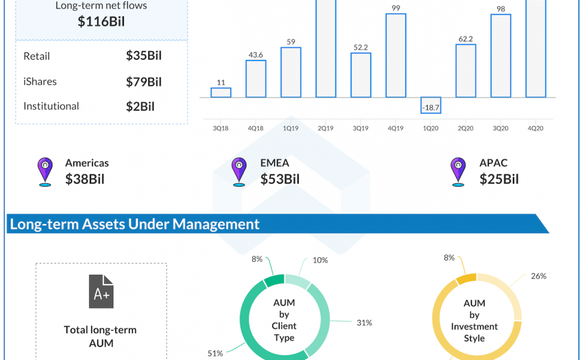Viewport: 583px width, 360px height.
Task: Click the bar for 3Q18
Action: (221, 92)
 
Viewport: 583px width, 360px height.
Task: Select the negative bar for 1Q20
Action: (430, 105)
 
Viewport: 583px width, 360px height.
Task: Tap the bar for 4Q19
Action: (396, 56)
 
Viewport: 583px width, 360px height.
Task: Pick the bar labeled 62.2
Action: (466, 71)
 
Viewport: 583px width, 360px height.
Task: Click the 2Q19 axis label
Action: (326, 128)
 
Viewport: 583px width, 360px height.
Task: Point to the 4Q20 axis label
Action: (536, 128)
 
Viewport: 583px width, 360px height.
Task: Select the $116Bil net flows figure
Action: (102, 22)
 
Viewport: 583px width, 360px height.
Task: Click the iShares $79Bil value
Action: (144, 82)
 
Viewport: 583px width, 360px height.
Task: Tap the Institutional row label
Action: (51, 106)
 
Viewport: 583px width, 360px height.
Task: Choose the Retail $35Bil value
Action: (144, 56)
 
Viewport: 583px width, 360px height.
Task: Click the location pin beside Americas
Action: (45, 171)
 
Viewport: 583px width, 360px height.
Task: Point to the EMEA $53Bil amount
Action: (280, 179)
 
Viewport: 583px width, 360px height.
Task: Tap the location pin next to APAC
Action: (457, 171)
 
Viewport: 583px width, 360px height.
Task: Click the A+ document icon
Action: (101, 291)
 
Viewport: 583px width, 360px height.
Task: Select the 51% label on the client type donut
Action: (216, 353)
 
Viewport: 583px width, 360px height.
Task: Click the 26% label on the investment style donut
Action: (538, 276)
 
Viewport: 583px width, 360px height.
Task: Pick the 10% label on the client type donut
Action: (320, 261)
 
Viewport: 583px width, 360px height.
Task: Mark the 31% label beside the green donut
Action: (364, 322)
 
